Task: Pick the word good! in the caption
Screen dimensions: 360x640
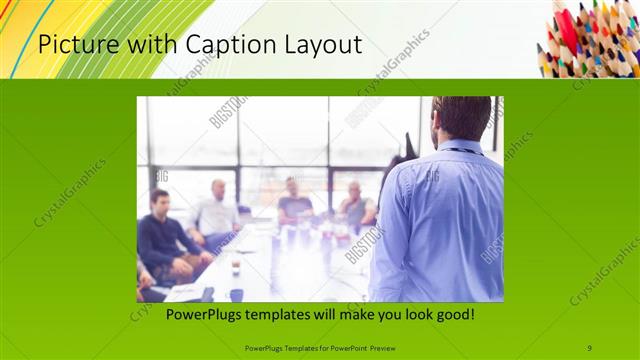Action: (452, 315)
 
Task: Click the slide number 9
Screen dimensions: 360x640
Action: (589, 348)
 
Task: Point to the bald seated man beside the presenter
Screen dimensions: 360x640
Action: (355, 205)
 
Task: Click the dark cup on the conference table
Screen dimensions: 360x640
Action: (236, 293)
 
